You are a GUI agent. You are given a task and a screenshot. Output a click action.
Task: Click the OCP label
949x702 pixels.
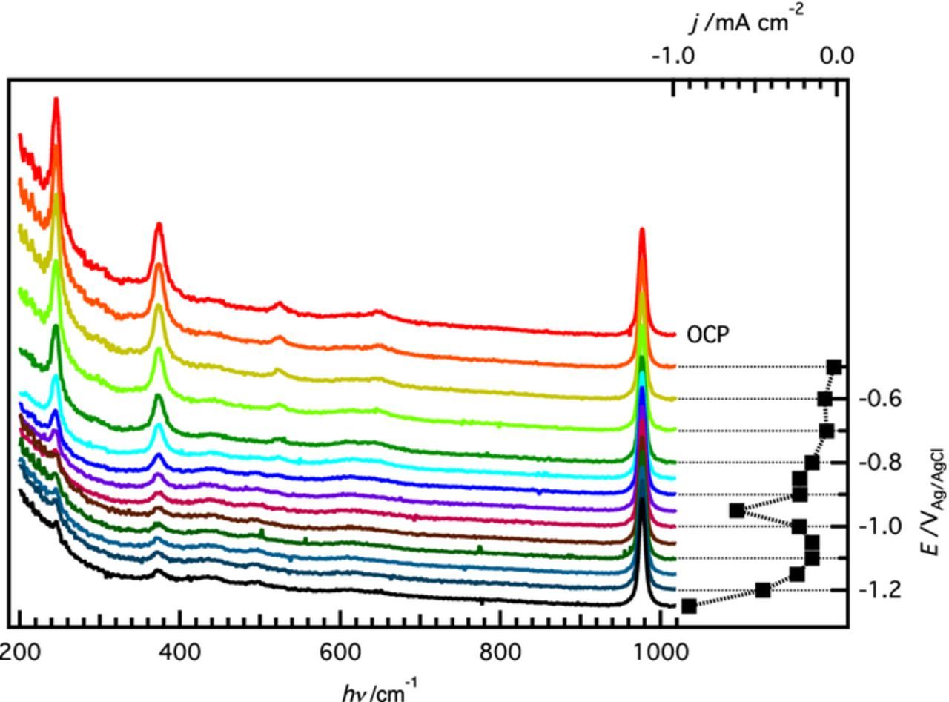point(708,335)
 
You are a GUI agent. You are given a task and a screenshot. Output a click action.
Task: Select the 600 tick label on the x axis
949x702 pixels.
point(340,652)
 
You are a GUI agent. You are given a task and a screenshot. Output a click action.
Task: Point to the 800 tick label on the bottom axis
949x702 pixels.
point(500,652)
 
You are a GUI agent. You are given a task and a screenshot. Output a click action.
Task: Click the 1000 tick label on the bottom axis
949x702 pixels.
point(660,652)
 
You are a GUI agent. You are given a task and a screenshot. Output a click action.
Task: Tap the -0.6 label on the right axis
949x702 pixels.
point(880,399)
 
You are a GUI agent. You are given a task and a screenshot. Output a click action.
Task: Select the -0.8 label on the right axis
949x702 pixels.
point(880,463)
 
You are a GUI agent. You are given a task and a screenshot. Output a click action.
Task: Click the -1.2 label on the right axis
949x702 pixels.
point(880,590)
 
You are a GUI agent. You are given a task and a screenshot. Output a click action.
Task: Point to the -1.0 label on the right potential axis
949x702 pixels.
point(880,526)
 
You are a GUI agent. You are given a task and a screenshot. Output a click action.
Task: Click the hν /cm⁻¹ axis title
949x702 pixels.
point(379,691)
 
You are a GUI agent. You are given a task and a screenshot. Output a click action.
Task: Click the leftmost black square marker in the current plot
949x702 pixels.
point(689,606)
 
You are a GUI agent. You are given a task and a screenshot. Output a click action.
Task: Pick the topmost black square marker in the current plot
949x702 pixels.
point(834,367)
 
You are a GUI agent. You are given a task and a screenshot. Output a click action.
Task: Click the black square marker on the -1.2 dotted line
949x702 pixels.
point(762,590)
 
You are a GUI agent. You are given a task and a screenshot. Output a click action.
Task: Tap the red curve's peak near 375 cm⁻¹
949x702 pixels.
point(158,225)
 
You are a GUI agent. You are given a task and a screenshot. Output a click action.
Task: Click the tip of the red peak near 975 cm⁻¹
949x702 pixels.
point(642,230)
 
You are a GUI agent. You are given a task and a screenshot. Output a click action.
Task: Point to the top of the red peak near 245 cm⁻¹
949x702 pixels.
point(56,100)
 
